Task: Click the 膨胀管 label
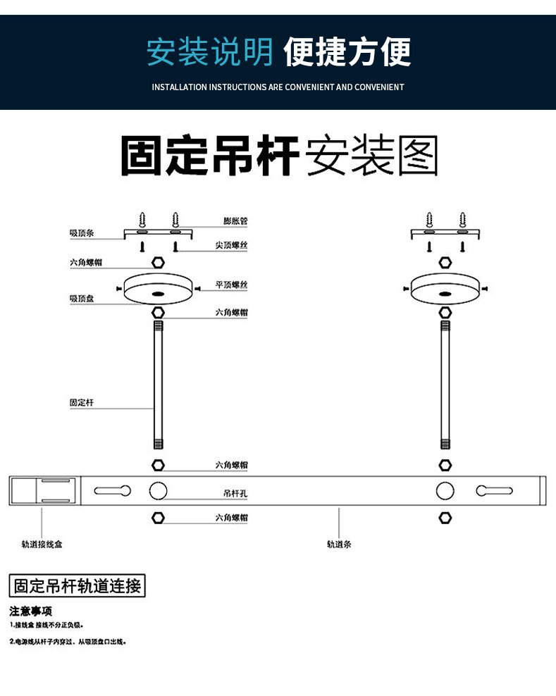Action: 235,221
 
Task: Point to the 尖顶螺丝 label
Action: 231,246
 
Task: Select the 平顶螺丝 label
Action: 231,285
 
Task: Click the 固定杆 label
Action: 81,403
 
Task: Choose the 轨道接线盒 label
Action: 42,545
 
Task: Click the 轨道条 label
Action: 339,545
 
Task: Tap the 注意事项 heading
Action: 31,611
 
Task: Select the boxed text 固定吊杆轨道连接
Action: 78,586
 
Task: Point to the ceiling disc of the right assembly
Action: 445,289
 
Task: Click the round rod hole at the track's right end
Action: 445,491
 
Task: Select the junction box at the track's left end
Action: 44,491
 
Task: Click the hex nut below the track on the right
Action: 445,518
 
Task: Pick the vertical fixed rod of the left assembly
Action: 158,384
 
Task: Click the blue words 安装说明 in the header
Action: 209,53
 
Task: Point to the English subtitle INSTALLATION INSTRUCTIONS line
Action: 278,87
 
